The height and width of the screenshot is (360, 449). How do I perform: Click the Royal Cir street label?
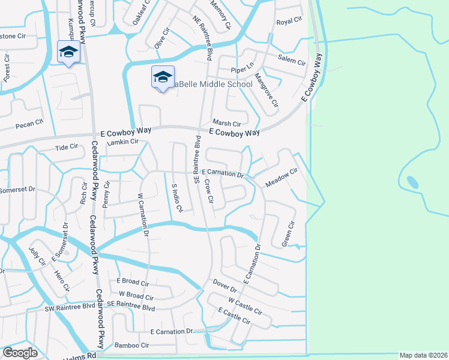[x=289, y=22]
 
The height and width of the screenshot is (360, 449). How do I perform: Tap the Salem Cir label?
[x=292, y=59]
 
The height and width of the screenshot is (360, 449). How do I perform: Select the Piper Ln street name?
[x=243, y=70]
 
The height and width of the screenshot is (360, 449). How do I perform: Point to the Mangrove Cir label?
[x=266, y=90]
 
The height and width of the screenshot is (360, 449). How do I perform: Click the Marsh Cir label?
[x=226, y=124]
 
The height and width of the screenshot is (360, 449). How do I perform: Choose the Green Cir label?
[x=288, y=234]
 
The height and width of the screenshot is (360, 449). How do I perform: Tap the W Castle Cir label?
[x=245, y=305]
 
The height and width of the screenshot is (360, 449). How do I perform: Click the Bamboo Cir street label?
[x=131, y=345]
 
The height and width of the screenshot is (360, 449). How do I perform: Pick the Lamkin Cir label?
[x=122, y=142]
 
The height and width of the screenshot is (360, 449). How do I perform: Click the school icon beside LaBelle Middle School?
[x=163, y=77]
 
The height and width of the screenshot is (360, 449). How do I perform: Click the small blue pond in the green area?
[x=413, y=181]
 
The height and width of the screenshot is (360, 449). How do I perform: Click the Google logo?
[x=20, y=353]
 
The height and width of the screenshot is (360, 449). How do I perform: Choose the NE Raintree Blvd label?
[x=203, y=38]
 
